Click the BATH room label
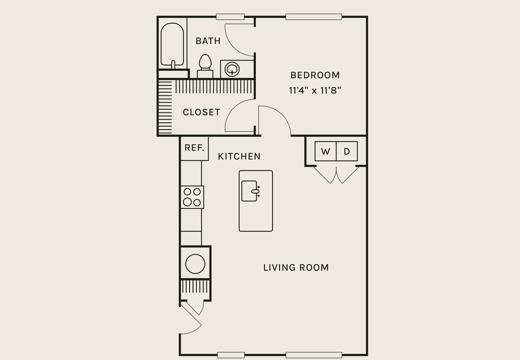point(208,41)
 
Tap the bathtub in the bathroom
point(172,45)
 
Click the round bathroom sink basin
point(232,69)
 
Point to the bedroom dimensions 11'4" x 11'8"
point(315,91)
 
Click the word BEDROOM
point(315,75)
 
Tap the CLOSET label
point(201,112)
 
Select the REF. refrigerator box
point(194,148)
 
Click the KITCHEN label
point(239,157)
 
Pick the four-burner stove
point(192,197)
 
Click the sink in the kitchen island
point(249,191)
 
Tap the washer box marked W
point(325,151)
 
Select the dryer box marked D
point(347,151)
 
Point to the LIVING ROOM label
point(296,268)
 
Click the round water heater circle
point(195,264)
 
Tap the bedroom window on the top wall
point(313,17)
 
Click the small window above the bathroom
point(230,17)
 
